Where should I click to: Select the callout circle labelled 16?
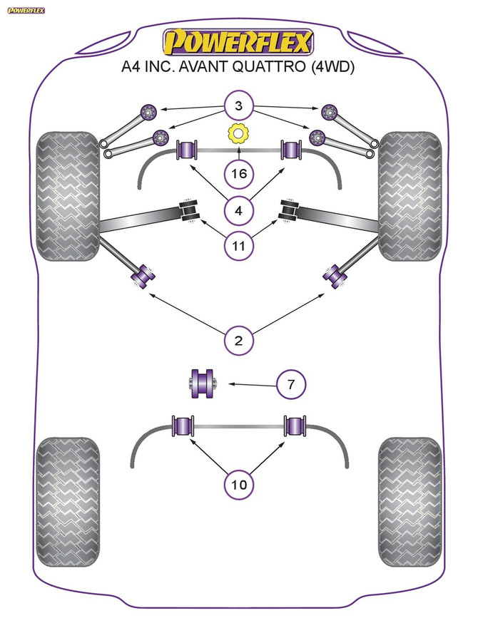(238, 173)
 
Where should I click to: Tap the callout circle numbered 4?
(238, 210)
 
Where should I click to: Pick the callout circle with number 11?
(238, 247)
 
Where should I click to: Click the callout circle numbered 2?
(238, 341)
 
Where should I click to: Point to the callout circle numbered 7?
(290, 385)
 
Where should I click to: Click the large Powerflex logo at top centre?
(238, 43)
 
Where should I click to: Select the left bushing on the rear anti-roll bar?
(184, 427)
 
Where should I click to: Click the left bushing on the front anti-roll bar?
(186, 151)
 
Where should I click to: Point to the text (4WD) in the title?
(331, 68)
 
